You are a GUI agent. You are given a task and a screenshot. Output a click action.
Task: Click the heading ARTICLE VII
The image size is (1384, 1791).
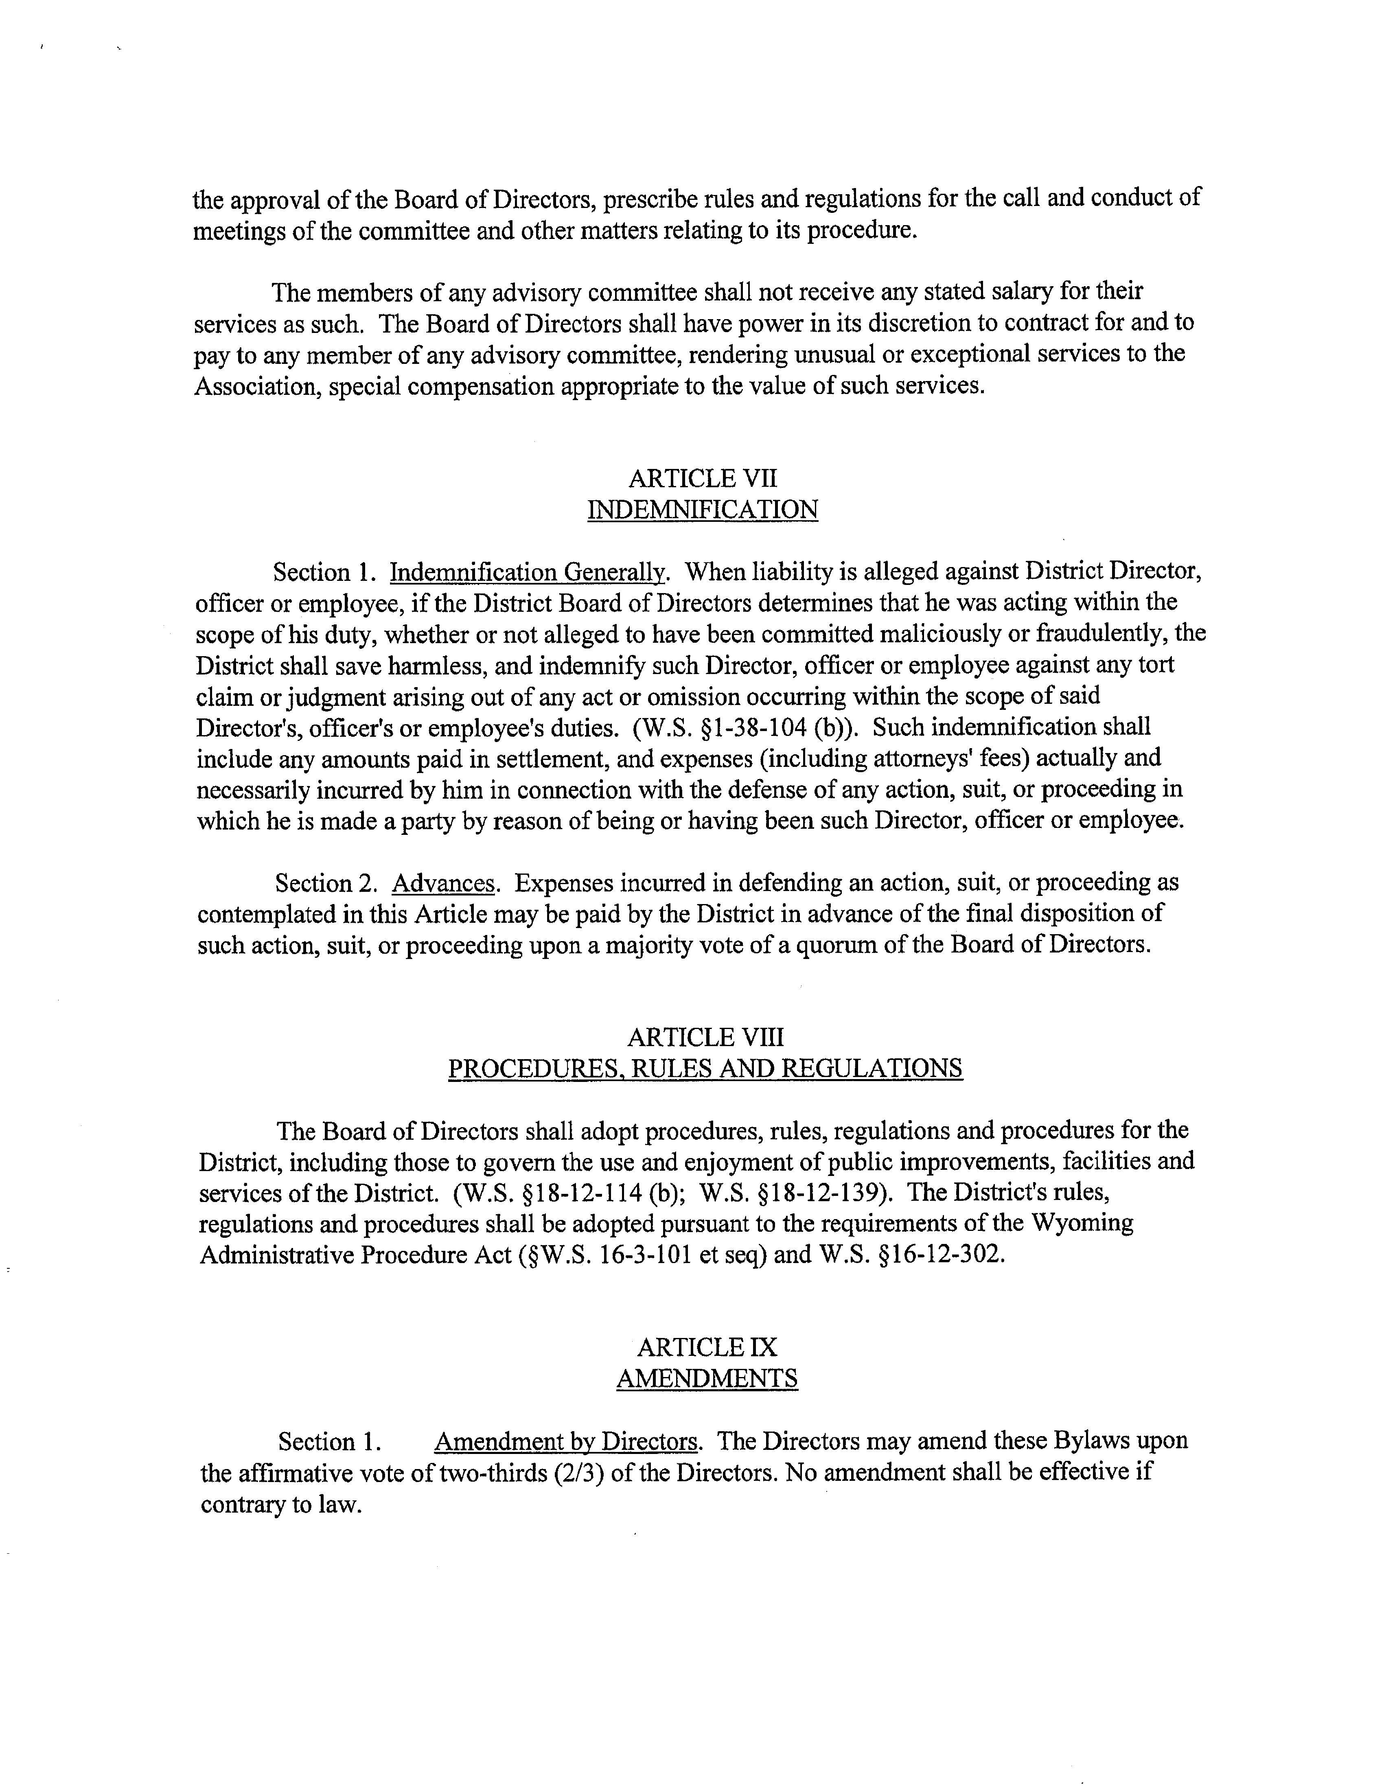[703, 478]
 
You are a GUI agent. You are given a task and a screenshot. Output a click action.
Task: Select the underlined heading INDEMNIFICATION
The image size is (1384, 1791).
[703, 510]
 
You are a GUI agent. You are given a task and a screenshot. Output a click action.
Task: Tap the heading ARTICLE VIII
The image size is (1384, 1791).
[705, 1038]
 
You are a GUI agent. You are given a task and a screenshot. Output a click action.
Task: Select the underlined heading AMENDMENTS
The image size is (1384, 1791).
[707, 1379]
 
